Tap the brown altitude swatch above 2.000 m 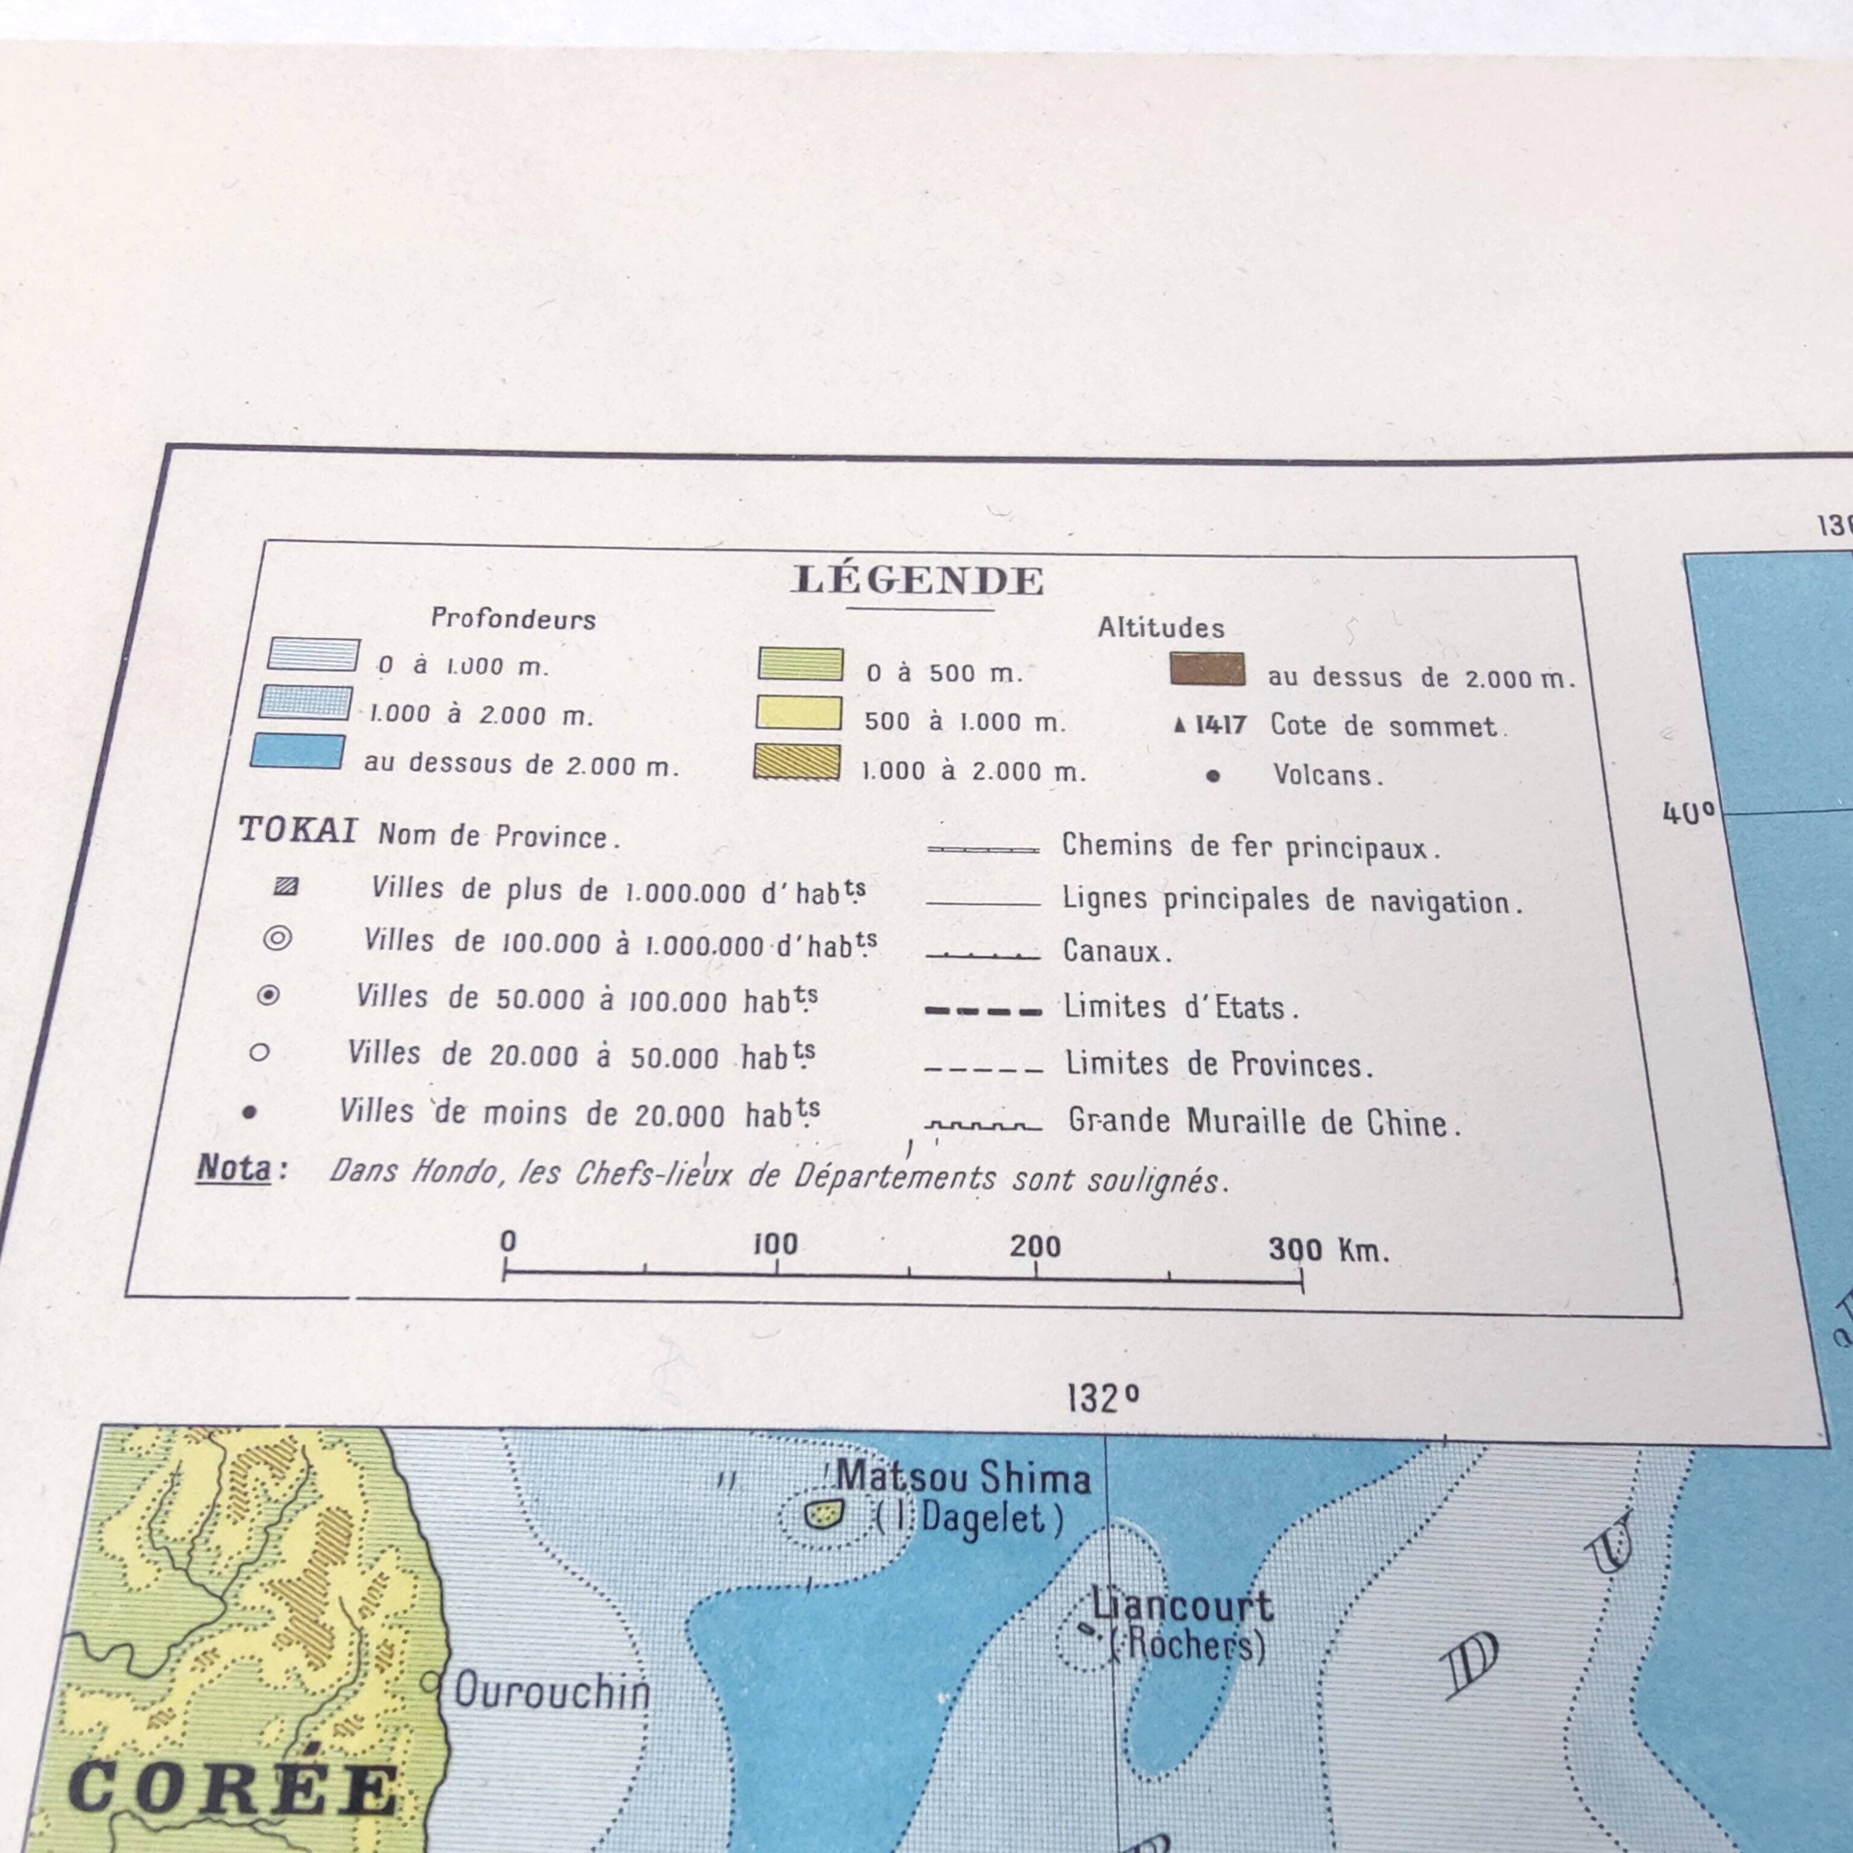[x=1208, y=670]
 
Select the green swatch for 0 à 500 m [x=800, y=664]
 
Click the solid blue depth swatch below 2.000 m [x=297, y=751]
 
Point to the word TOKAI [x=297, y=829]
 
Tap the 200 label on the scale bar [x=1035, y=1246]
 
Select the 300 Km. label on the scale [x=1328, y=1249]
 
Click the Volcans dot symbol [x=1213, y=776]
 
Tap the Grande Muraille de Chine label [x=1264, y=1121]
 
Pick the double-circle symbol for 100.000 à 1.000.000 [x=277, y=938]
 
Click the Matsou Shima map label [x=963, y=1478]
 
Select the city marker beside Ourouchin [x=431, y=1681]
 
